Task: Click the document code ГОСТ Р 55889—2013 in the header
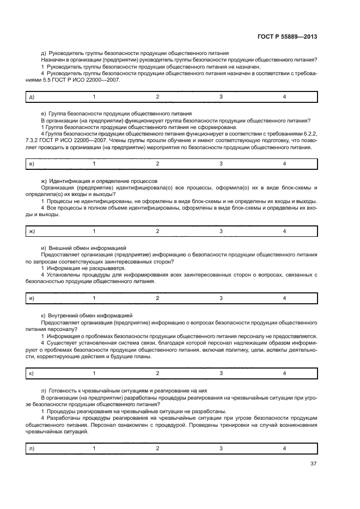coord(287,36)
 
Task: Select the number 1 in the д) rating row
coord(94,97)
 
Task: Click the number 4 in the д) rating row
coord(284,97)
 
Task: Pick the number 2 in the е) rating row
coord(157,164)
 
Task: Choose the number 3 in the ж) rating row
coord(221,231)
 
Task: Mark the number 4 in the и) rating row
coord(284,298)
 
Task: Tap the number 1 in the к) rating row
coord(94,373)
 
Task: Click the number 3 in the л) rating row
coord(221,448)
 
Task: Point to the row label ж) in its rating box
coord(32,231)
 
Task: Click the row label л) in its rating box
coord(31,448)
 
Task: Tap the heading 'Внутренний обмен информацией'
coord(87,315)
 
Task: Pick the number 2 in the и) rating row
coord(157,298)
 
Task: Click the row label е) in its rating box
coord(32,164)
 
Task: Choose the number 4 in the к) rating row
coord(284,373)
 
